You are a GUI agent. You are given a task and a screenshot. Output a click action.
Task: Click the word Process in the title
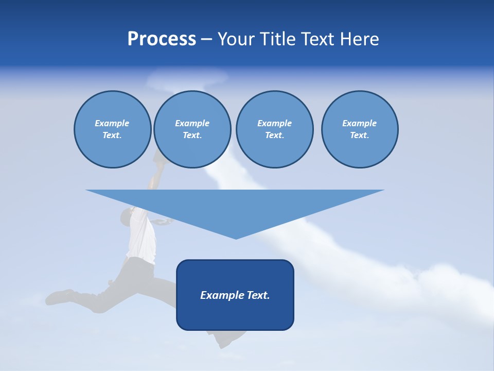tap(162, 39)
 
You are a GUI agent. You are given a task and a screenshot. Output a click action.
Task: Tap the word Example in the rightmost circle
tap(360, 123)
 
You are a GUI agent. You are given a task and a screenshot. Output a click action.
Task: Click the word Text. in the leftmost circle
tap(112, 136)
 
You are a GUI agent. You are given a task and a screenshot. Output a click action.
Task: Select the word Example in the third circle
tap(274, 123)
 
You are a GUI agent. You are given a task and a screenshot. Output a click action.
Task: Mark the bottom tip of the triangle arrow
tap(235, 238)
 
